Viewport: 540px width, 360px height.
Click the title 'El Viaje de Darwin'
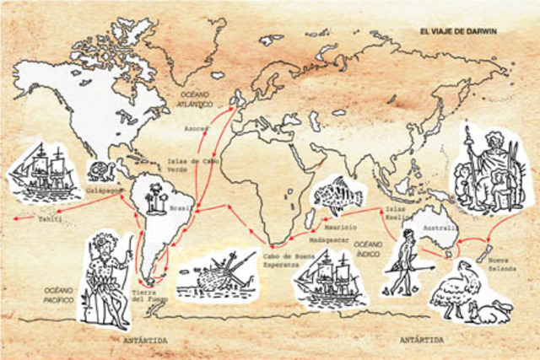(x=459, y=31)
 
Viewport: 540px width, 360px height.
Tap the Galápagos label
(x=100, y=191)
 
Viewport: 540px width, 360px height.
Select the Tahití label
(x=50, y=218)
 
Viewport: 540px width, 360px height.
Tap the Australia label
(x=441, y=228)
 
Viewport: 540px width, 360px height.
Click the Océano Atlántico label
(x=196, y=98)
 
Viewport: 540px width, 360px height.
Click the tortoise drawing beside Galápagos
(x=101, y=170)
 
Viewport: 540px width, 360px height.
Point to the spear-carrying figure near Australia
(x=408, y=262)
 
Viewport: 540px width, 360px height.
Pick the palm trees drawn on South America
(x=154, y=201)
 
